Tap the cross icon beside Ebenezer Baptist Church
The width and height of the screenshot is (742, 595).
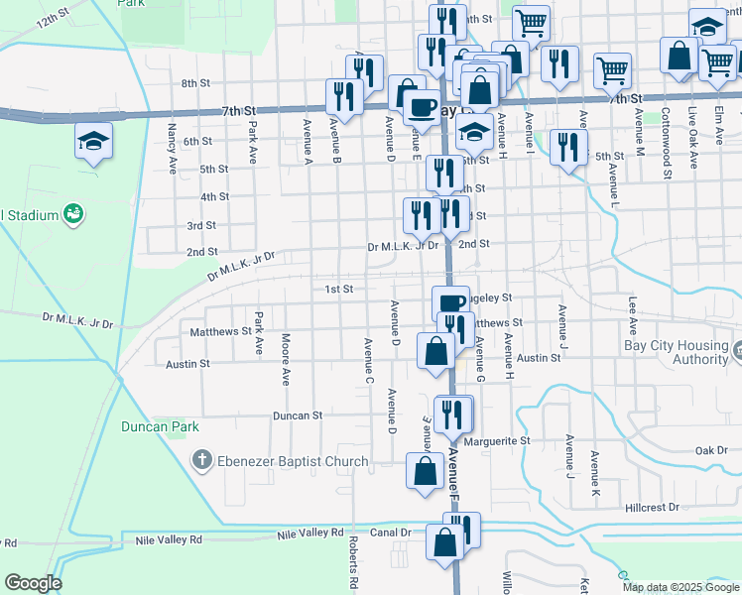coord(201,460)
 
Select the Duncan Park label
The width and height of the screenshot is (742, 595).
coord(160,427)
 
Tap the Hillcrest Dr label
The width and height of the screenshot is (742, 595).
coord(652,507)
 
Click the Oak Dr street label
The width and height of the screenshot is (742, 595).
coord(711,450)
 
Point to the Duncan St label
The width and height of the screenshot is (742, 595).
coord(299,416)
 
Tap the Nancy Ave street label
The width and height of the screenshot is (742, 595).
coord(172,147)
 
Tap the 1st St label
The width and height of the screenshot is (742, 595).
coord(339,290)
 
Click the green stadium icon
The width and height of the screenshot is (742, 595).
coord(71,213)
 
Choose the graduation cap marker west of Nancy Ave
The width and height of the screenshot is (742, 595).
coord(93,142)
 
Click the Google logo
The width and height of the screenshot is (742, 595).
coord(32,583)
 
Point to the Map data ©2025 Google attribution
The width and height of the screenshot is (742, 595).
coord(680,587)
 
